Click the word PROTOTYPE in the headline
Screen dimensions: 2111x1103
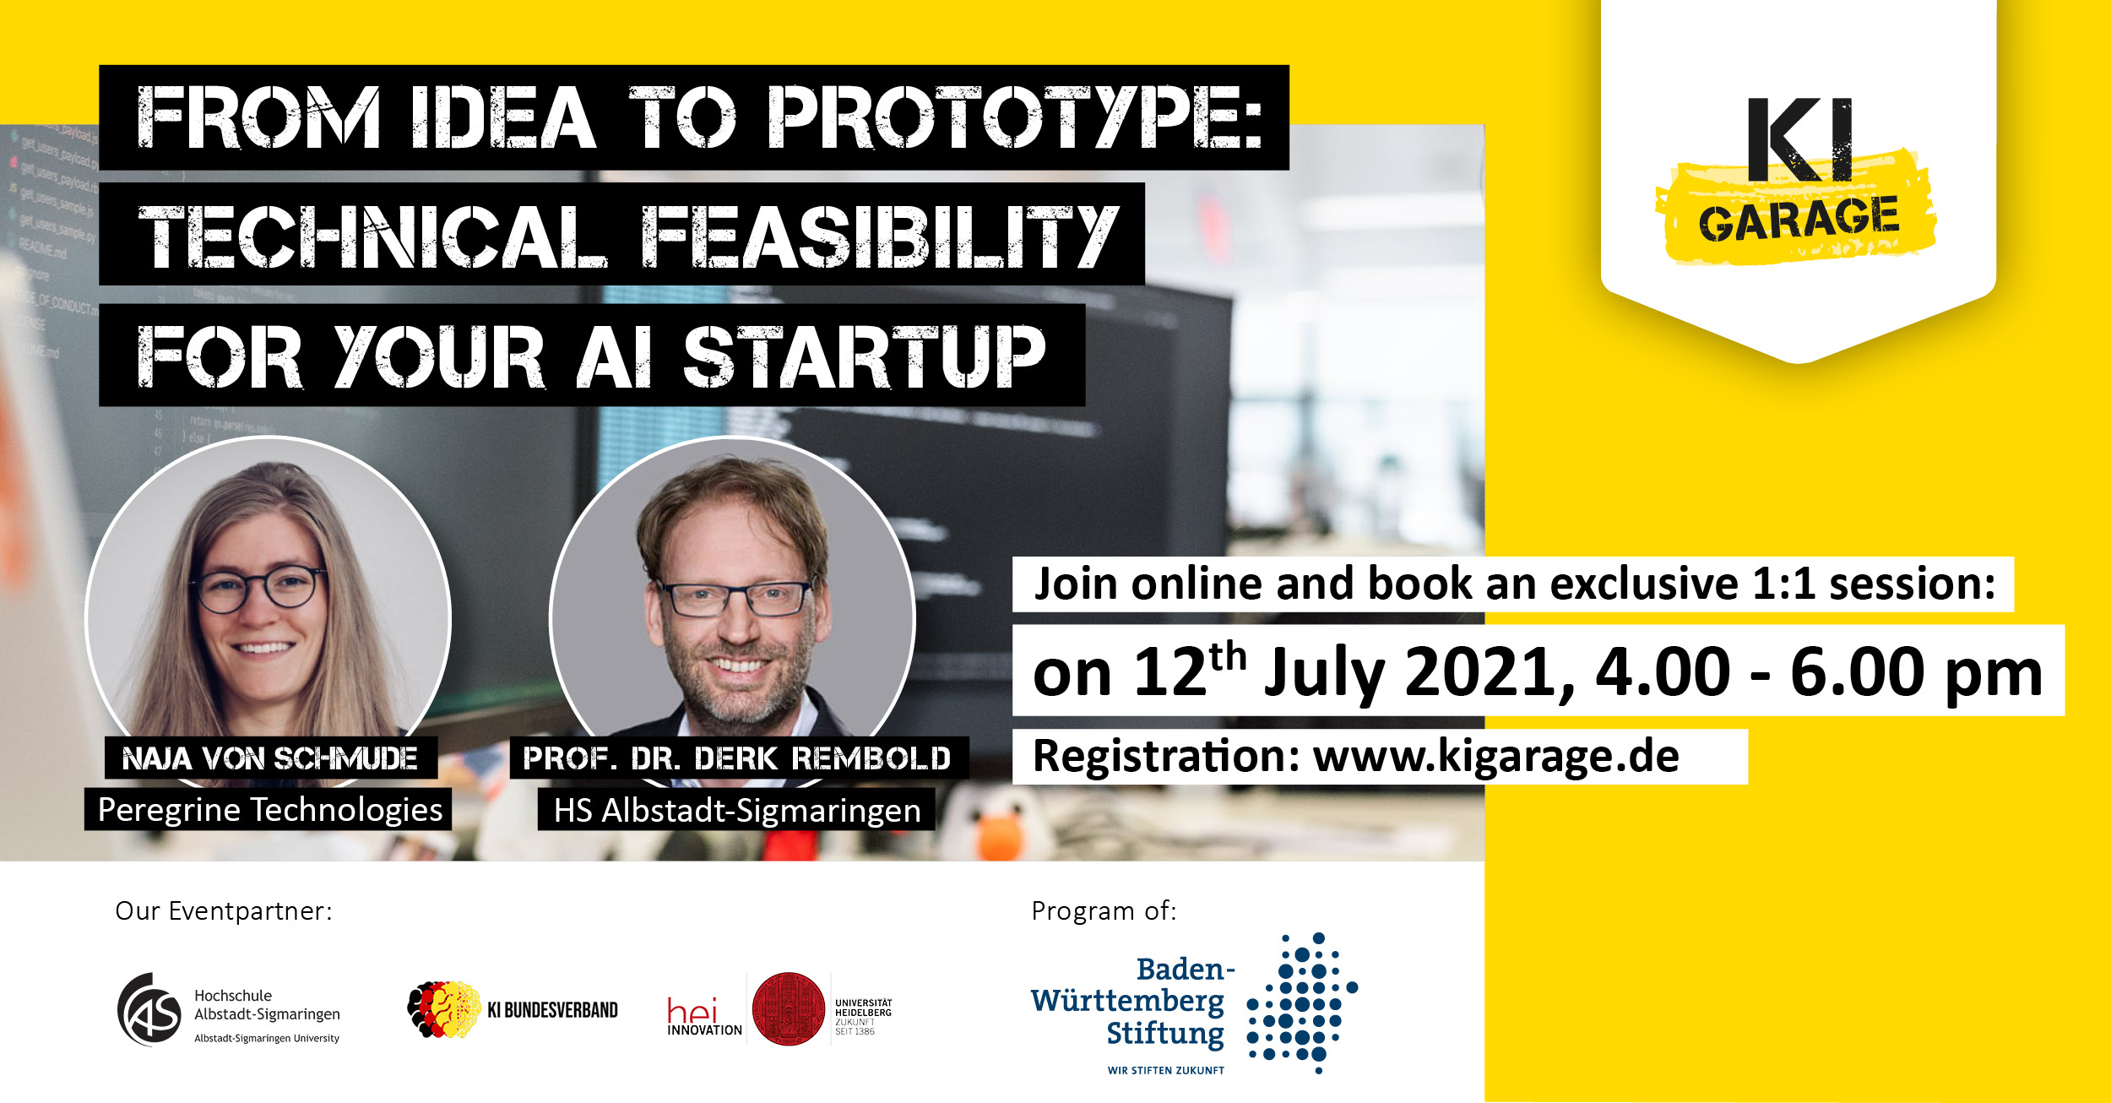[1014, 117]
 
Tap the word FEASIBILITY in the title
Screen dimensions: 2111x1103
[879, 236]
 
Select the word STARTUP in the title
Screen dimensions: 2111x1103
[864, 357]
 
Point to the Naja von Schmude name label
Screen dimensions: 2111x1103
[270, 758]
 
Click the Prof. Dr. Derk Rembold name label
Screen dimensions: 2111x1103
[737, 758]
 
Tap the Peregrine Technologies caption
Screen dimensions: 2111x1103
[269, 809]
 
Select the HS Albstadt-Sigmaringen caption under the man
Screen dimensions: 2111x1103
[736, 810]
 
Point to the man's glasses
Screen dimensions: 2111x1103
[737, 598]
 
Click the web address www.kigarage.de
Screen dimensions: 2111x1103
[1495, 756]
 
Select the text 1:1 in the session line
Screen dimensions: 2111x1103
[1783, 584]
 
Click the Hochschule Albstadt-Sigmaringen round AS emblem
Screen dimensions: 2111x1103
[149, 1009]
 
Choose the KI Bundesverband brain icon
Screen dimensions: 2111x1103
[444, 1009]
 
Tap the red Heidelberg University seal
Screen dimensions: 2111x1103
[788, 1009]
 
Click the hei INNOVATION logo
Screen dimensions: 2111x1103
[704, 1017]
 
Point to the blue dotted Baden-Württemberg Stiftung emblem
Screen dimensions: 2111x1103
[1301, 1003]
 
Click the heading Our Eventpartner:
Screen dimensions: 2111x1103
[224, 911]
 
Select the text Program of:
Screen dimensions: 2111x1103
[1104, 911]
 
